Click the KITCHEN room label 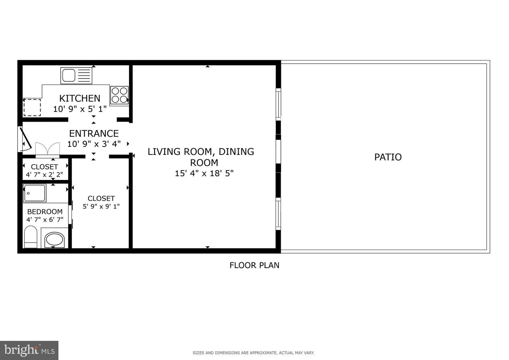point(80,98)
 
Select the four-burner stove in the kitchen point(119,95)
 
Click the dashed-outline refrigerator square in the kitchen point(32,108)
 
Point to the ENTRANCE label point(94,133)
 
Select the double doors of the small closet point(47,149)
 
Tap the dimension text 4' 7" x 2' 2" point(45,174)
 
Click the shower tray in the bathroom point(34,193)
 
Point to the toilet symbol point(31,237)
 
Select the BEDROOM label point(45,211)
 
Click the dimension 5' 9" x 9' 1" point(101,206)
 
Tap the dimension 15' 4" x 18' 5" point(204,174)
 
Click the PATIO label point(388,157)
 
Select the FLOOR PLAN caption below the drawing point(254,265)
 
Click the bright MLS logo point(29,350)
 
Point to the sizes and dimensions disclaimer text point(253,353)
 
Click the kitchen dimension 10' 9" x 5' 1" point(80,109)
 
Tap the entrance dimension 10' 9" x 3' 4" point(94,144)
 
